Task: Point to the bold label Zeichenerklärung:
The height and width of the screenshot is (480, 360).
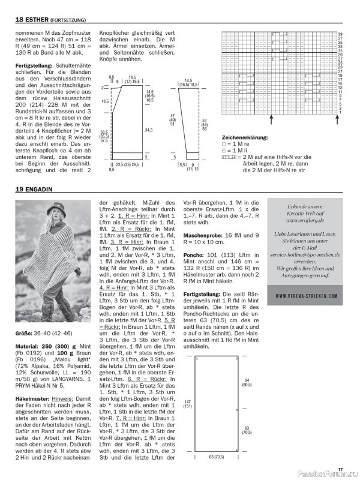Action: (x=245, y=137)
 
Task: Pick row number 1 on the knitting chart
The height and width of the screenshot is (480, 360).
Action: (x=340, y=113)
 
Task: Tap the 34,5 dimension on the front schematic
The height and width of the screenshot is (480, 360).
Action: (x=148, y=130)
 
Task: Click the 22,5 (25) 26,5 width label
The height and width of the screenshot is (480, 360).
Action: (x=131, y=164)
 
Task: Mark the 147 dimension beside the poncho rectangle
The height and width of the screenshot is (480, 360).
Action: (x=188, y=403)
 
